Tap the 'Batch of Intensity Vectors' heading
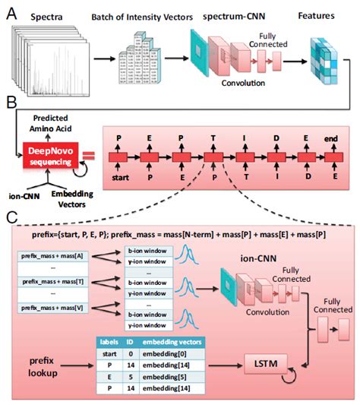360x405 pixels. coord(133,17)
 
